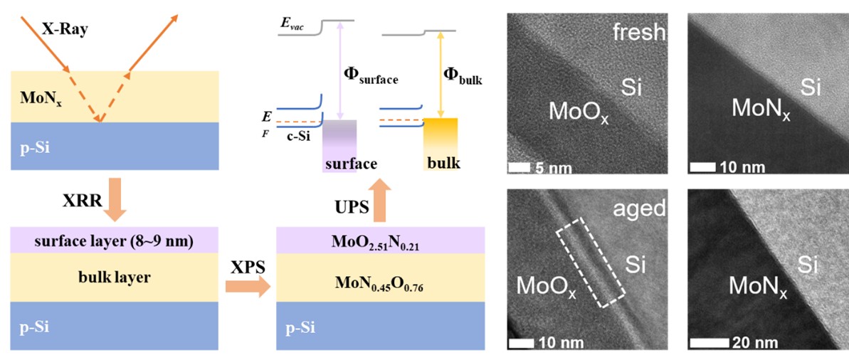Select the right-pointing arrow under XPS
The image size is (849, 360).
pyautogui.click(x=247, y=287)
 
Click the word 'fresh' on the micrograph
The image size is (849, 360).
pyautogui.click(x=641, y=32)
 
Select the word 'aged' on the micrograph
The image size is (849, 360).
pyautogui.click(x=642, y=208)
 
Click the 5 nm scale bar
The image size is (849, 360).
pyautogui.click(x=520, y=168)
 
